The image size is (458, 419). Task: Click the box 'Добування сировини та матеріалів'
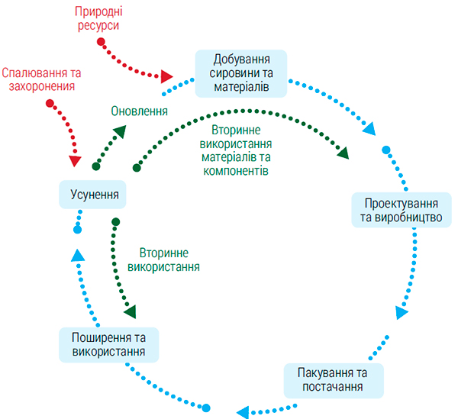tap(240, 73)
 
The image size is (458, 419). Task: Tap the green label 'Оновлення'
tap(139, 110)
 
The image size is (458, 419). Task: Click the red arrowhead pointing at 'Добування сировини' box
tap(168, 76)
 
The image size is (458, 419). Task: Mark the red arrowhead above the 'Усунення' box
tap(75, 161)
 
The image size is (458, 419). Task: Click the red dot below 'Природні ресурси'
tap(101, 40)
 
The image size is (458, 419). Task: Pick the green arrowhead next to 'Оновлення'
tap(121, 131)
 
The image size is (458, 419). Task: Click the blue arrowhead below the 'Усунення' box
tap(76, 253)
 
